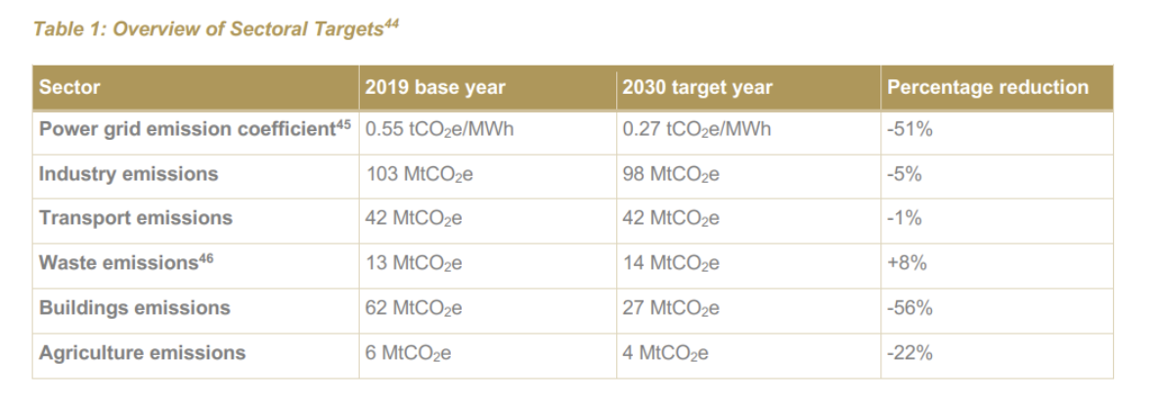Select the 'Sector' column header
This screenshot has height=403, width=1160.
pos(69,87)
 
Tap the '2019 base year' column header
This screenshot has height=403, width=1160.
pos(435,87)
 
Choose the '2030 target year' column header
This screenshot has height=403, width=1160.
pos(697,87)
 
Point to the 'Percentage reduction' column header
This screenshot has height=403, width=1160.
pos(988,87)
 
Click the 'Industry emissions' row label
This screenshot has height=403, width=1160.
pos(129,174)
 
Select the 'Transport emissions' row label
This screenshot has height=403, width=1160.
pos(135,218)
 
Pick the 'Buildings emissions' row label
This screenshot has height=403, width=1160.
pos(135,307)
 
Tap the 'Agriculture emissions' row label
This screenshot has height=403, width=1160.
pos(142,352)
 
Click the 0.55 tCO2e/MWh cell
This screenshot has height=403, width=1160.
pos(439,129)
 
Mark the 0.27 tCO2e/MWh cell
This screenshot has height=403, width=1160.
pos(696,129)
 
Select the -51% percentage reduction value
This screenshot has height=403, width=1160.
pos(910,129)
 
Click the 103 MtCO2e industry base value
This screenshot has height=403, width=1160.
pos(420,174)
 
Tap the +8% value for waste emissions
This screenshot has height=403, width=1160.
pos(907,262)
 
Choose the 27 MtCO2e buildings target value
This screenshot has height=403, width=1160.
pos(670,308)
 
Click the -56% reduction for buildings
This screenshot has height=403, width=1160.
pos(910,307)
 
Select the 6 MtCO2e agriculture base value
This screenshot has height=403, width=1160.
pos(409,353)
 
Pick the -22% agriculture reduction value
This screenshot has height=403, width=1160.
pos(910,352)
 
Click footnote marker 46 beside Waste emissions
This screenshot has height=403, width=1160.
pos(205,258)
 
